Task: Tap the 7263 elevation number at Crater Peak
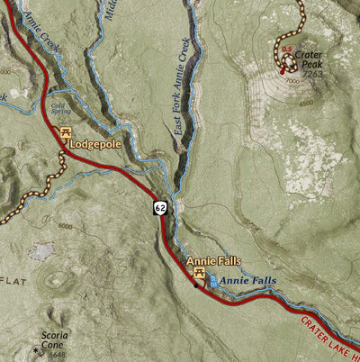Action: [x=312, y=74]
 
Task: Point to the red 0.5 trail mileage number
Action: [x=287, y=50]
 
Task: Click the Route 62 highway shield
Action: [x=158, y=208]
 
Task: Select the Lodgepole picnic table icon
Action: [x=66, y=132]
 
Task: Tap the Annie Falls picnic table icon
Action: [x=199, y=274]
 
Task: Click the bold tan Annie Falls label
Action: [x=213, y=261]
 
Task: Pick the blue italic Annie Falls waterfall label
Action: [x=247, y=281]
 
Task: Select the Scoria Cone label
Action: [x=53, y=340]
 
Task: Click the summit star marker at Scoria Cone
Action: [x=36, y=349]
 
